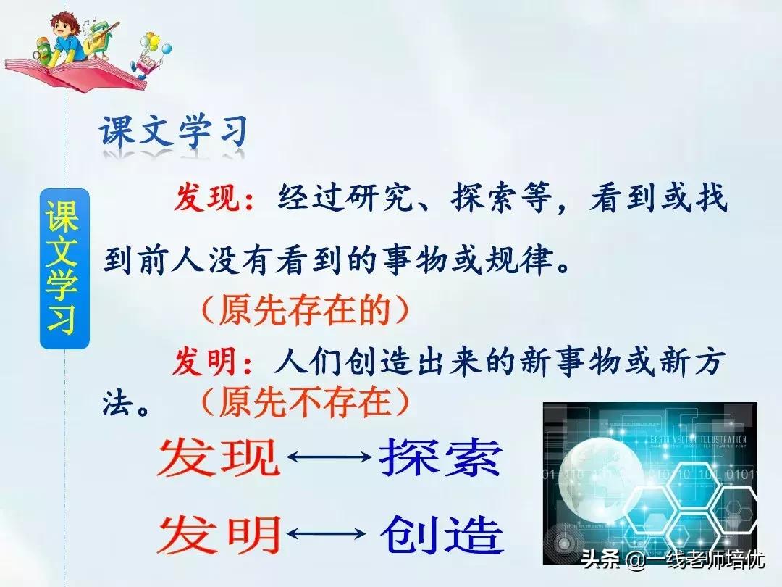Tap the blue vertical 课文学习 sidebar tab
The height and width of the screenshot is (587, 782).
coord(64,268)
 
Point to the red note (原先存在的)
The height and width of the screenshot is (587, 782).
coord(305,310)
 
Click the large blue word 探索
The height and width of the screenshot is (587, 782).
coord(440,458)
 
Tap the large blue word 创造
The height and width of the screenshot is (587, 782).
coord(442,535)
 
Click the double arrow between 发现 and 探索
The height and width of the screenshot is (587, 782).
coord(329,458)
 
